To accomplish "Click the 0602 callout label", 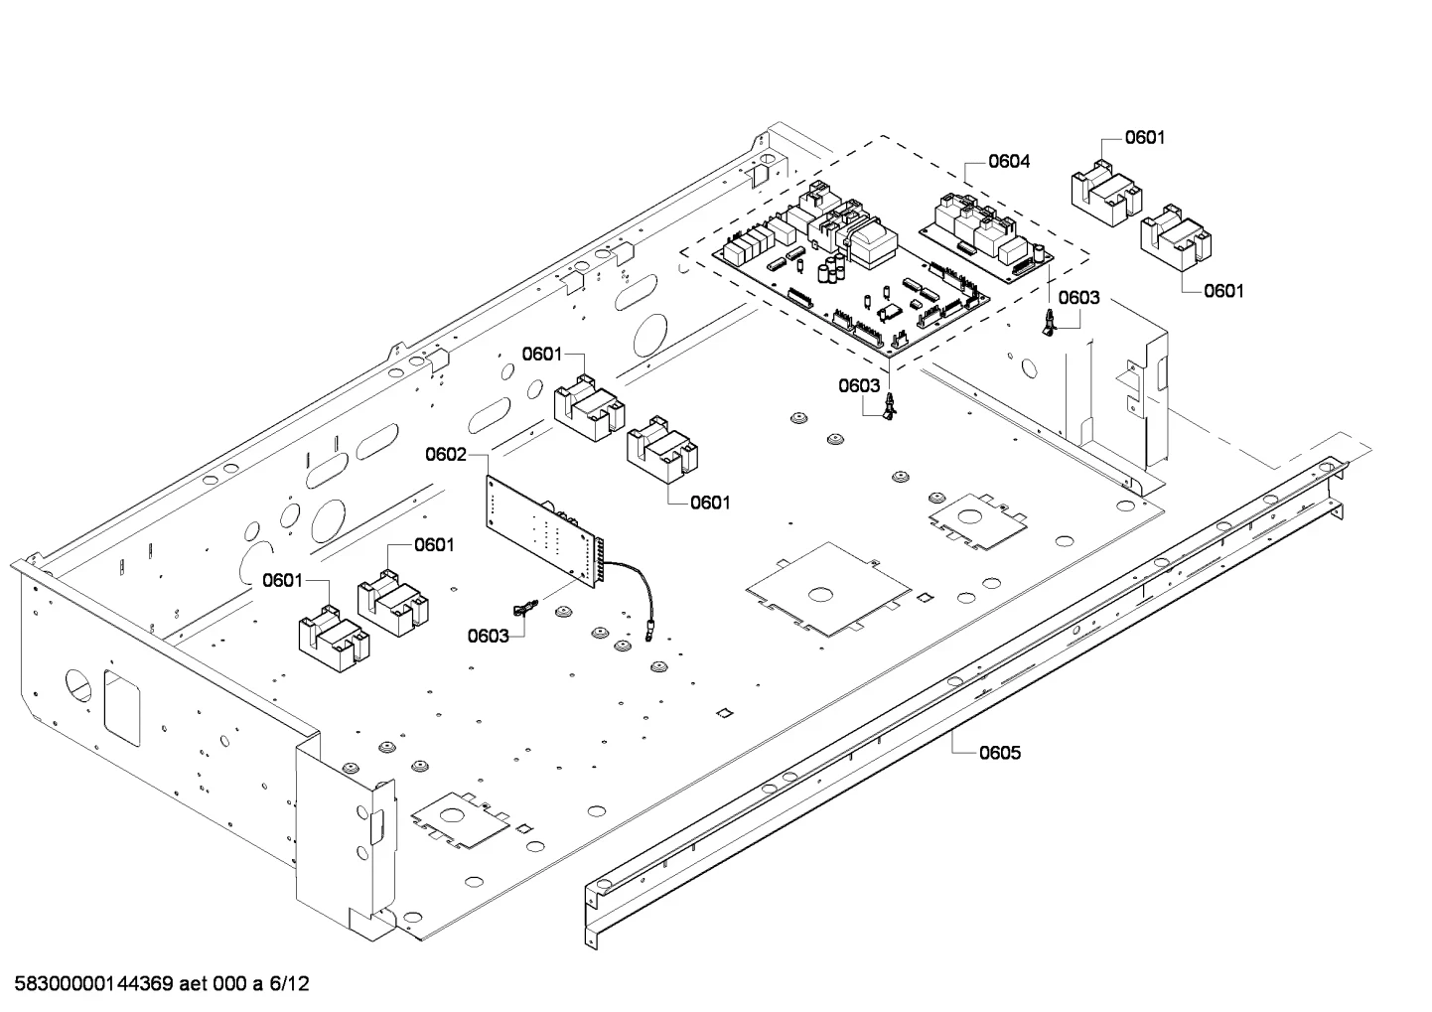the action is pos(446,455).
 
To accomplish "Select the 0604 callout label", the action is pos(1009,161).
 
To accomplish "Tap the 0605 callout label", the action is pos(1000,753).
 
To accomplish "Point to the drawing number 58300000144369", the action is pos(93,984).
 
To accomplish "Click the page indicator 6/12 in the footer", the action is pos(289,984).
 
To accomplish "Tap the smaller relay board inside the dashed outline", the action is pos(986,233).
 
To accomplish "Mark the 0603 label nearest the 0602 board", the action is pos(488,636).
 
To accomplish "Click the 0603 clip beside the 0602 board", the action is pos(525,609).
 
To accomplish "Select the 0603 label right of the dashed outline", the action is pos(1079,298).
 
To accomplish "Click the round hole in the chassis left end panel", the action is pos(78,686).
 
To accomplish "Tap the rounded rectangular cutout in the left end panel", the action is pos(121,708).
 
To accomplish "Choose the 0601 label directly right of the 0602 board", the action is pos(710,504).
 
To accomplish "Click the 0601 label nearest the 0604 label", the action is pos(1145,137).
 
